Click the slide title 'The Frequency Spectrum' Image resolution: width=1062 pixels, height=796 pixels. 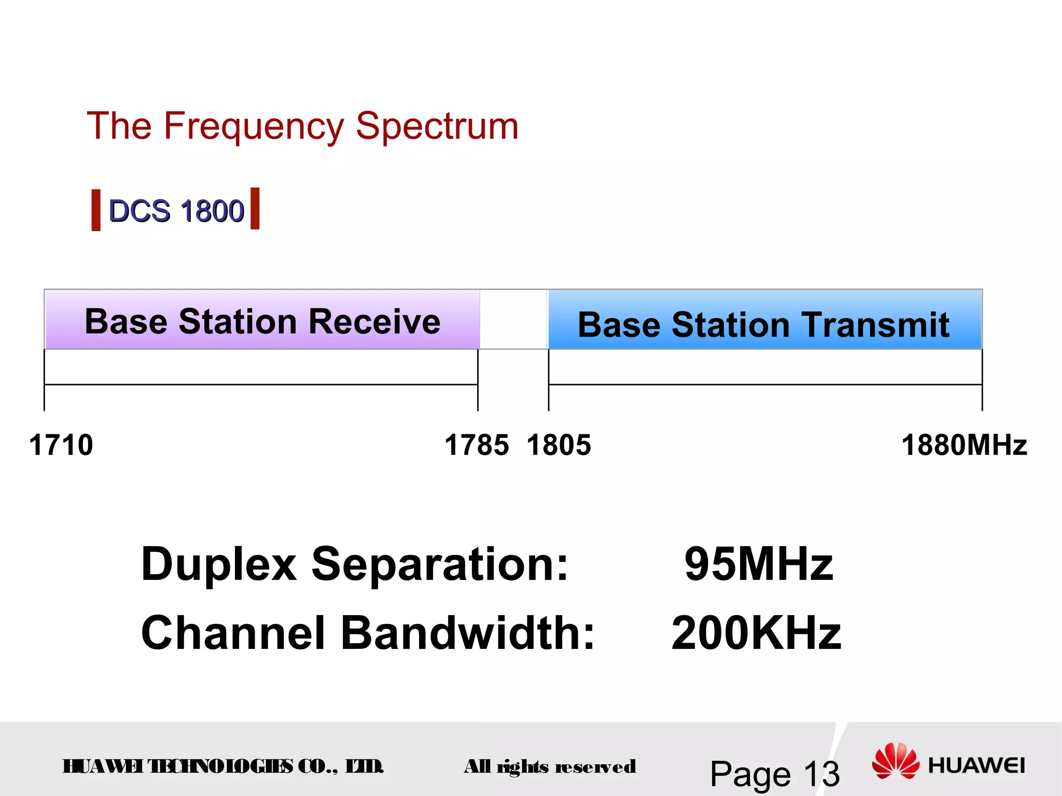point(302,126)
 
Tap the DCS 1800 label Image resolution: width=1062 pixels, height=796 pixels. point(176,211)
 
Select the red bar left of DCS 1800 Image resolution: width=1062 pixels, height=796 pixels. point(96,210)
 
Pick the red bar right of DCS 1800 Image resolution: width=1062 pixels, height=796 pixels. point(255,208)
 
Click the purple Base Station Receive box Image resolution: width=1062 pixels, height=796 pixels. point(262,320)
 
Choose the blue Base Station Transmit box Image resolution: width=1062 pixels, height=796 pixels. point(764,320)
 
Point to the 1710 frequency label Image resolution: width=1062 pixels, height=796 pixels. point(61,445)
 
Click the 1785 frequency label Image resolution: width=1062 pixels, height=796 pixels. point(477,445)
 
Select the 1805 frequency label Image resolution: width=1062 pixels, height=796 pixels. point(559,445)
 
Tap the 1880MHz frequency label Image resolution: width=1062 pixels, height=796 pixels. point(964,445)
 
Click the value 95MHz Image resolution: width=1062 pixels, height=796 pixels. point(759,564)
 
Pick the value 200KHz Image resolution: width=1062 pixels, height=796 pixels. point(756,633)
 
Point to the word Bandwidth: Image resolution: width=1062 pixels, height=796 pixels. point(468,633)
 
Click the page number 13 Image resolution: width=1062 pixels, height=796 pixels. point(821,774)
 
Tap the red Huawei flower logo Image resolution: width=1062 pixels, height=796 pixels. point(896,761)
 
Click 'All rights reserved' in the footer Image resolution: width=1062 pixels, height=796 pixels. point(550,766)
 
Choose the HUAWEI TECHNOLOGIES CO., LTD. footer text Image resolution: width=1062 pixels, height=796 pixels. point(223,766)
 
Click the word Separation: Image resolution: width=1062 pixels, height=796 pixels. point(440,564)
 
